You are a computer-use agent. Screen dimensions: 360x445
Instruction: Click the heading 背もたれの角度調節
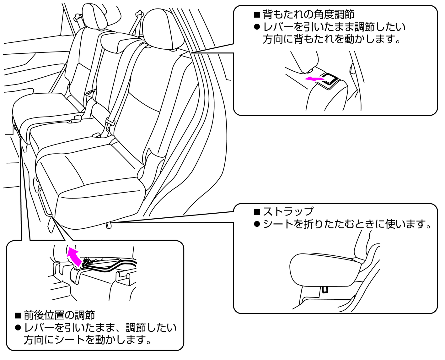point(309,14)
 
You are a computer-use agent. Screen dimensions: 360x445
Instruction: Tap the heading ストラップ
point(288,211)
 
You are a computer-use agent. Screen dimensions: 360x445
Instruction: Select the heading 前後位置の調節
point(59,315)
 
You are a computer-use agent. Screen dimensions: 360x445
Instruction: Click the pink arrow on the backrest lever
point(314,79)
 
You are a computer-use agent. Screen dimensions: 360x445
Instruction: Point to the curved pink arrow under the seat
point(74,255)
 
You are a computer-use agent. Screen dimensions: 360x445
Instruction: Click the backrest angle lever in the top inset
point(330,79)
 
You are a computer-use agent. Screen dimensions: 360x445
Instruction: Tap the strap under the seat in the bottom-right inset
point(325,289)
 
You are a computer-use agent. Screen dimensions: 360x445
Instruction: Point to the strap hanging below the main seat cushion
point(109,226)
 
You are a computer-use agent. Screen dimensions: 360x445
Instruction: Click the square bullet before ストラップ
point(257,212)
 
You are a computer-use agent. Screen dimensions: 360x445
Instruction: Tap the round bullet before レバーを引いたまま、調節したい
point(18,328)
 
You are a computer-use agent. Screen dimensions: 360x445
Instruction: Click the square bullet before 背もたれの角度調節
point(257,14)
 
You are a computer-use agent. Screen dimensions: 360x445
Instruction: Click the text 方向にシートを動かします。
point(88,340)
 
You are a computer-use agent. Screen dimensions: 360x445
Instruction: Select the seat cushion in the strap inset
point(323,270)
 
